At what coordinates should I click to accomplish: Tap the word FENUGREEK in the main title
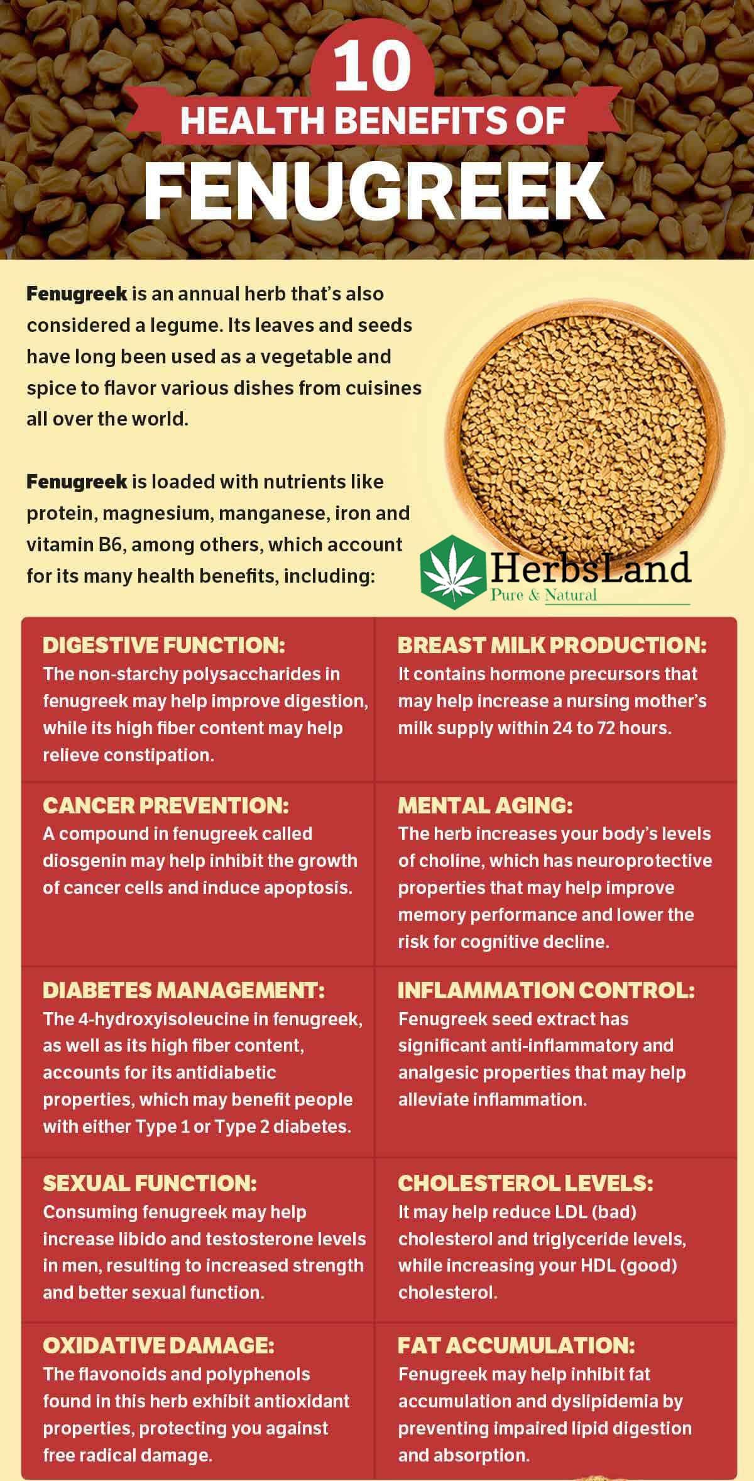374,189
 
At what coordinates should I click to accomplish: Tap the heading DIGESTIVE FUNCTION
164,645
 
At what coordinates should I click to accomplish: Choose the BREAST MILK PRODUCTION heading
552,645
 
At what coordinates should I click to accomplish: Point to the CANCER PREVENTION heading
166,805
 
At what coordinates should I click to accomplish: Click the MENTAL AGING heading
485,805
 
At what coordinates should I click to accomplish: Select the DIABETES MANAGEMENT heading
183,990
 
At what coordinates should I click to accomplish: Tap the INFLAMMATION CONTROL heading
546,990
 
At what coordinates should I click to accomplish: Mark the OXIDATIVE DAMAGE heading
158,1345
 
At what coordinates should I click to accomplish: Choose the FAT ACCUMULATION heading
516,1345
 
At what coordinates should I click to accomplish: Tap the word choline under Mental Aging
447,861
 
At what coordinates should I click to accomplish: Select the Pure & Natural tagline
543,595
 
